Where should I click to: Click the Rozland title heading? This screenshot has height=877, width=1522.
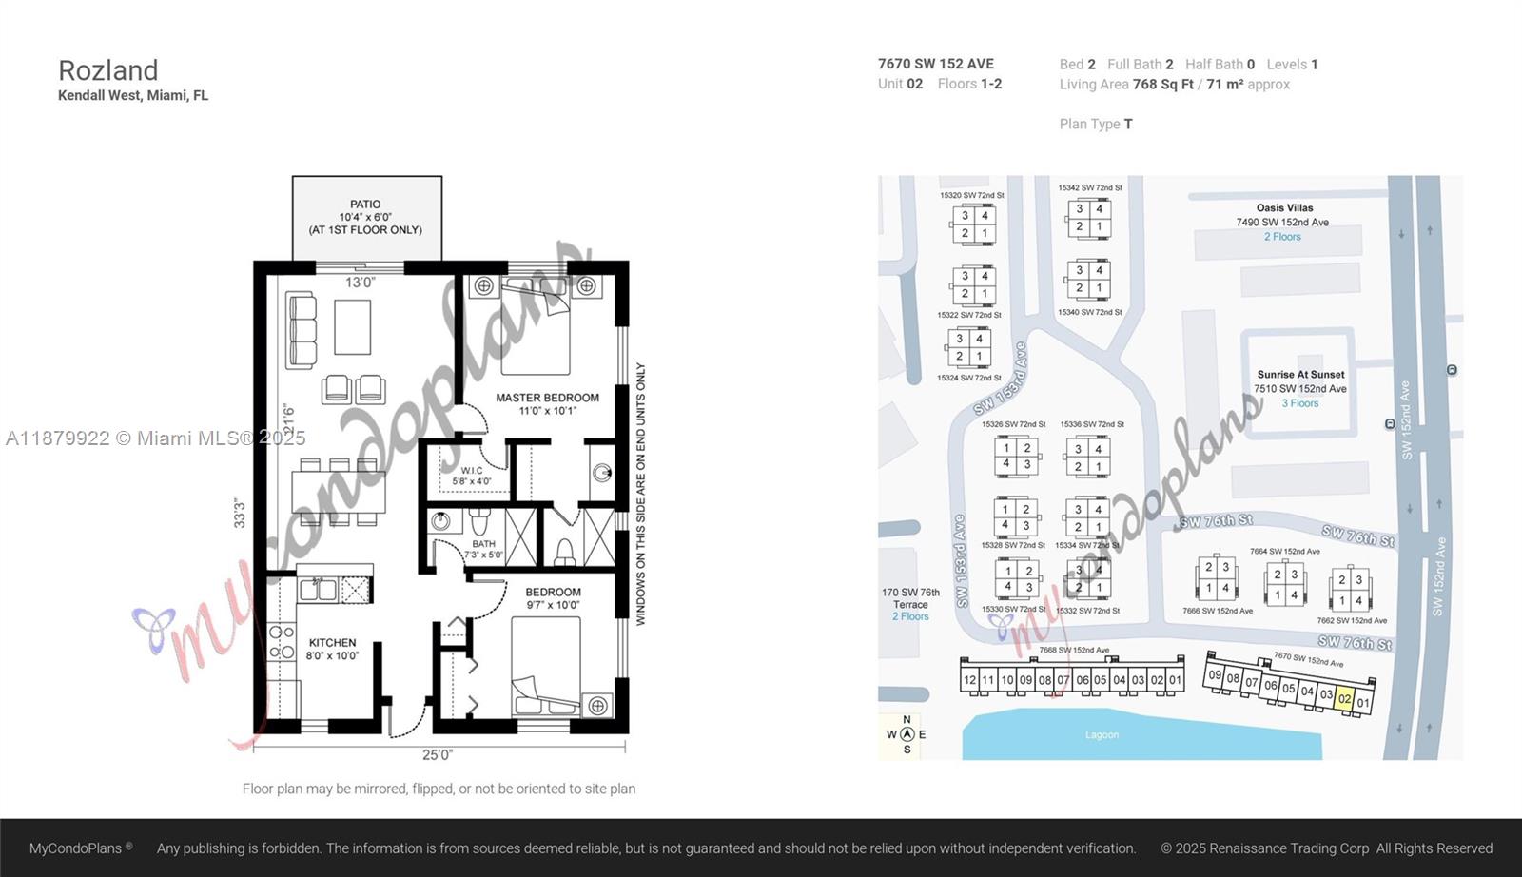click(107, 70)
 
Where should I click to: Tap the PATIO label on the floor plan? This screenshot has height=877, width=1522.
click(365, 205)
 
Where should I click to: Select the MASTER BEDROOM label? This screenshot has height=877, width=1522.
click(547, 398)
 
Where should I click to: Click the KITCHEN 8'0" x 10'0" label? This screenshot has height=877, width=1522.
click(332, 649)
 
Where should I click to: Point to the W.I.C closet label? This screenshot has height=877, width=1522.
click(472, 471)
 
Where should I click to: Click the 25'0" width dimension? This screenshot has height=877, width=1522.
click(438, 755)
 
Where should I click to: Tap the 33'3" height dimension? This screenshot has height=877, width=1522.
click(240, 513)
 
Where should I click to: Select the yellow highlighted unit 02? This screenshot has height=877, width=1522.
click(1344, 699)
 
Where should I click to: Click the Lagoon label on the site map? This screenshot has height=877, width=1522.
click(1102, 735)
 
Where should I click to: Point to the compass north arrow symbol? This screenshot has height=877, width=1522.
click(907, 734)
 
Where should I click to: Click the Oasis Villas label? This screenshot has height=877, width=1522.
click(1284, 208)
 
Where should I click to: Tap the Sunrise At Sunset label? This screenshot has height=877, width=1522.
click(1300, 375)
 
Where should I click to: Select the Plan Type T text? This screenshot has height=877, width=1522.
click(1096, 124)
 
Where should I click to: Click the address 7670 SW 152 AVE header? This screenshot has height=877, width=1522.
click(935, 64)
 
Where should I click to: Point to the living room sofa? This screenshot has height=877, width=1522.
click(302, 330)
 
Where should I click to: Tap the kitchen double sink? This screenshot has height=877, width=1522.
click(317, 590)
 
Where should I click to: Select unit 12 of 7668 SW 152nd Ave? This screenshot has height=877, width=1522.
click(969, 680)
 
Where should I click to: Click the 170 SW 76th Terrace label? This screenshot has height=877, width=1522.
click(910, 598)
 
